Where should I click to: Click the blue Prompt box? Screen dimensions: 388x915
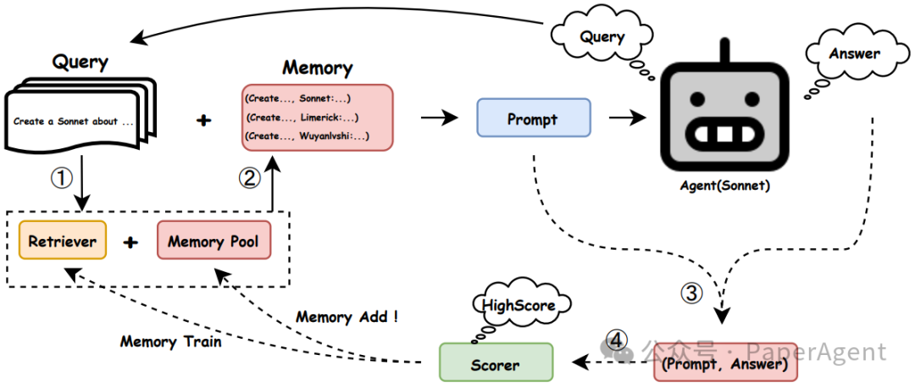coord(533,119)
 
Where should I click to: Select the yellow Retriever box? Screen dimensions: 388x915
coord(62,241)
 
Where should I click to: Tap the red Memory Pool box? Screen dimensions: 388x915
coord(213,241)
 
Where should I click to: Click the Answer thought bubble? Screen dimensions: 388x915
coord(854,54)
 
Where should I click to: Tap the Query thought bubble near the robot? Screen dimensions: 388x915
coord(602,36)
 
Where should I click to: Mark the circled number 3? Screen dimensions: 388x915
coord(692,293)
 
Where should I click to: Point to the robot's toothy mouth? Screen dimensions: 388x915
coord(724,135)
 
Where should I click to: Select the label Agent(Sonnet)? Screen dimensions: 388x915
coord(724,186)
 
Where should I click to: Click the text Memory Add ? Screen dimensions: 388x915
coord(347,317)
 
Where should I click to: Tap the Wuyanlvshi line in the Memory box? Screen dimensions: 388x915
coord(307,136)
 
